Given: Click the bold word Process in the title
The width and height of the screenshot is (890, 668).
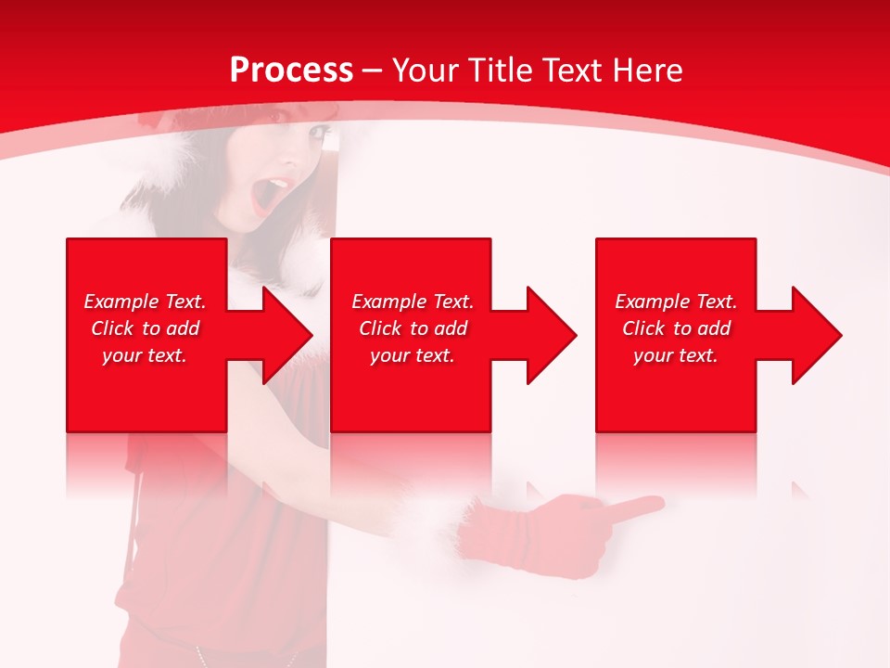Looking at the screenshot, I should click(291, 71).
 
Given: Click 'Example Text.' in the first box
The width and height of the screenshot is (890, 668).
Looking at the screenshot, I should click(145, 302).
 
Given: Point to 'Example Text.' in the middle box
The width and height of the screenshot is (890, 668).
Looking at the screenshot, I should click(413, 302).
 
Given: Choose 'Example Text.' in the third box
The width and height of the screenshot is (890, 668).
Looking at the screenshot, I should click(676, 302).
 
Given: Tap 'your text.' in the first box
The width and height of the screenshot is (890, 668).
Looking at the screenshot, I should click(145, 355).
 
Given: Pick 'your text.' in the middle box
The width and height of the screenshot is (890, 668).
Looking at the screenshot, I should click(413, 355).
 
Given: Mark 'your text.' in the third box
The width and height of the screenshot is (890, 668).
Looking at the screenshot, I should click(676, 355).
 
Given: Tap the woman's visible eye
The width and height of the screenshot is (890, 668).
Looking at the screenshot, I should click(318, 135).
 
